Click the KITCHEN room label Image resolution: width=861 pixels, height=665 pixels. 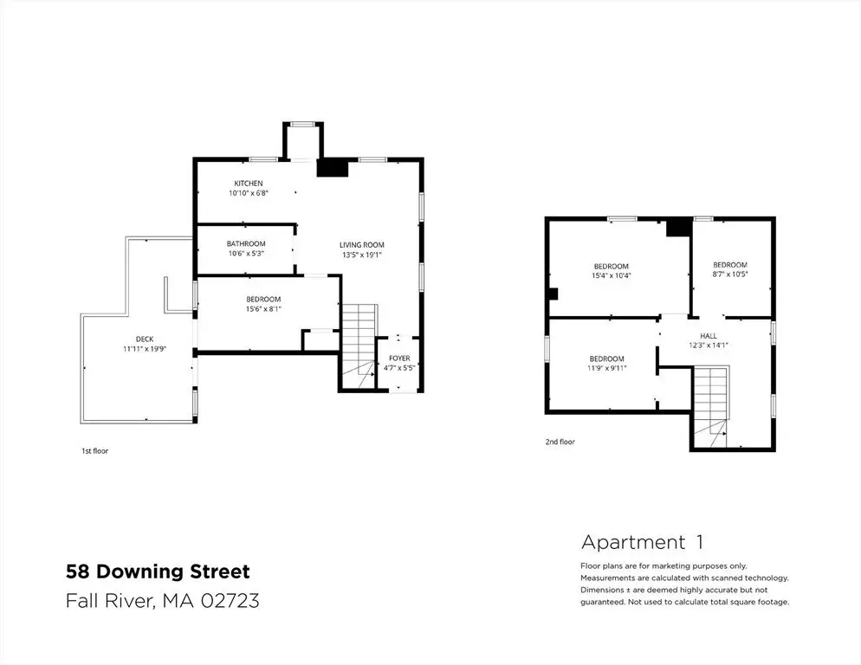coord(249,184)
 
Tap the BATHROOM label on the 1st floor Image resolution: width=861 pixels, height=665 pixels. coord(246,244)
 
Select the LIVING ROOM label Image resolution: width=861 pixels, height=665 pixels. coord(362,245)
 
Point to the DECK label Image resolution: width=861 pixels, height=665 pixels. coord(145,339)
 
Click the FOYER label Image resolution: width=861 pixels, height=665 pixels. coord(399,358)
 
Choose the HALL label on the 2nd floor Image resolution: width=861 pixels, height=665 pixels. coord(709,336)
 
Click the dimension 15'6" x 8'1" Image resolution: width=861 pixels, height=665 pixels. coord(263,309)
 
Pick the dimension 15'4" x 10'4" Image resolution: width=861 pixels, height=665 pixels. coord(612,275)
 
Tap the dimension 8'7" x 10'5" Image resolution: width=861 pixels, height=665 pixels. coord(730,274)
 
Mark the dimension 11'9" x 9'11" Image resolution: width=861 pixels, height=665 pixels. coord(606,369)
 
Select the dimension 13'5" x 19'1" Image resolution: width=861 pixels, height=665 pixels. coord(362,255)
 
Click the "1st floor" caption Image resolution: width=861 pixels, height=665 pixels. coord(95,451)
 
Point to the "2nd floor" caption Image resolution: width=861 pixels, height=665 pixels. coord(560,442)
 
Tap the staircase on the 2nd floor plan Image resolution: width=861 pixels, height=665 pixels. coord(710,400)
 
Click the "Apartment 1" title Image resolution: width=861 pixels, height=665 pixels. coord(642,543)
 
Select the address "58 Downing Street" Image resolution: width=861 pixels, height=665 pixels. coord(159,571)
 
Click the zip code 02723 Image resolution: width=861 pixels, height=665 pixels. coord(230,600)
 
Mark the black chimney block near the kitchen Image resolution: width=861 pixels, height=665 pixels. coord(333,168)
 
